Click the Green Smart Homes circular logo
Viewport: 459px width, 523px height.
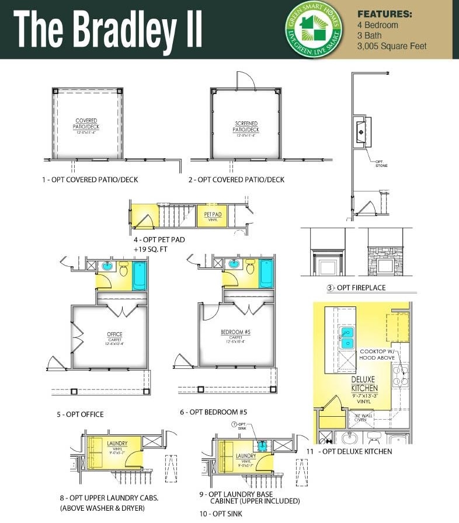pos(314,29)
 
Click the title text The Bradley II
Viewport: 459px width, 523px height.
pos(108,30)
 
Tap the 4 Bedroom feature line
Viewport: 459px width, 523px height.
pos(377,25)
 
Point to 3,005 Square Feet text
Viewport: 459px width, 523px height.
pos(392,46)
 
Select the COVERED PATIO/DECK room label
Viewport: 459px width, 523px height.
pos(86,125)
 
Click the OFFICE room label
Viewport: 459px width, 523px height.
pos(114,336)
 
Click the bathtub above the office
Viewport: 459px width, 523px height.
pos(139,276)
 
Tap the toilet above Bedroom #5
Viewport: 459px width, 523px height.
pos(251,268)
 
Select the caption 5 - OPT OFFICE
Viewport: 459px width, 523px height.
pos(80,414)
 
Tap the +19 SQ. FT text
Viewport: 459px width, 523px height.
pos(154,249)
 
